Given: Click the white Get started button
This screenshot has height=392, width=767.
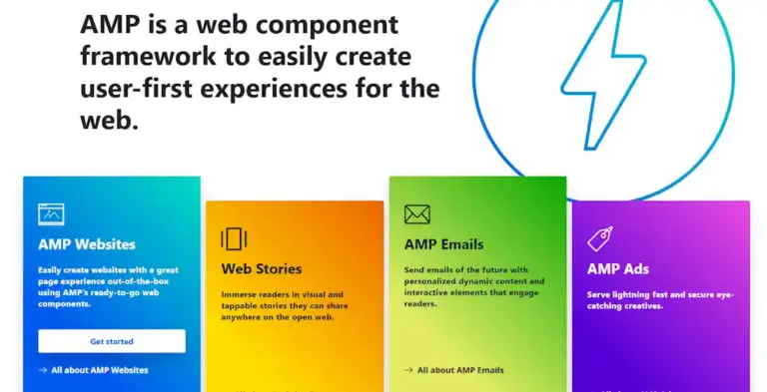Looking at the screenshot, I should [x=112, y=341].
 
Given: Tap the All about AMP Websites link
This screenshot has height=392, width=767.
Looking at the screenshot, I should [x=99, y=370].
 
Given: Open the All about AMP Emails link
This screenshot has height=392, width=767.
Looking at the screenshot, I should [x=460, y=370].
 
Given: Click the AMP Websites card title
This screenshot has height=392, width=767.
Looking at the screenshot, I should [x=87, y=243].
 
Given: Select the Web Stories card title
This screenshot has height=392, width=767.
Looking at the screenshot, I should [x=261, y=268].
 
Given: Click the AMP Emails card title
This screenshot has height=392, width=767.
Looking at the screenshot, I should [x=443, y=243].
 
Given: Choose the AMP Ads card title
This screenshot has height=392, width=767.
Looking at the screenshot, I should [x=617, y=268].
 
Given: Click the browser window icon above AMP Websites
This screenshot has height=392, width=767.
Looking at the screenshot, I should [x=51, y=213].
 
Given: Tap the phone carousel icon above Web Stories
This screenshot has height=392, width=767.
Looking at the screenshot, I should [x=234, y=238].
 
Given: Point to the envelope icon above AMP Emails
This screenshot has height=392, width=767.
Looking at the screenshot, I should [x=416, y=214].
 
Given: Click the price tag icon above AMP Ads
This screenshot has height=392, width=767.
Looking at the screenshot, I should [x=600, y=238].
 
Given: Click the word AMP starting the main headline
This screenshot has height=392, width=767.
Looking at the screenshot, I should [x=108, y=24].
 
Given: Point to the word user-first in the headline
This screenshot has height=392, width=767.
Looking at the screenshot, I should [x=135, y=88].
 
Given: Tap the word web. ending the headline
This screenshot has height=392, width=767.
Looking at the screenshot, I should [x=108, y=121].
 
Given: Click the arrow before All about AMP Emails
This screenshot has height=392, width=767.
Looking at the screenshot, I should [x=408, y=370].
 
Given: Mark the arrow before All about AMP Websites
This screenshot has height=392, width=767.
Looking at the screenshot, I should [x=43, y=370].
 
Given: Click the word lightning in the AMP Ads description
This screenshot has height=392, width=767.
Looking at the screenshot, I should [x=625, y=293].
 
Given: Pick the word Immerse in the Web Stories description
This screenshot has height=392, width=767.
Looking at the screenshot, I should [x=240, y=295].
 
